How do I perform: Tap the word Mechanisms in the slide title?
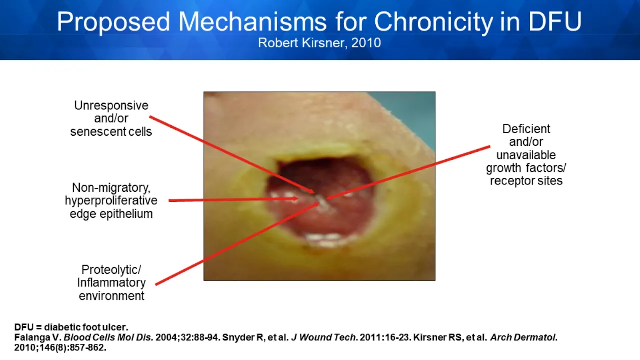[252, 22]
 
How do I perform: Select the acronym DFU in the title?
[555, 21]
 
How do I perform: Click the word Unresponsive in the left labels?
[111, 106]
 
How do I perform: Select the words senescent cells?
[111, 132]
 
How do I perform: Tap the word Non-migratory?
[111, 188]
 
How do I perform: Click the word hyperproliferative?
[111, 201]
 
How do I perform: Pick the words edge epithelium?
[111, 214]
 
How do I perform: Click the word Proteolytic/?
[111, 270]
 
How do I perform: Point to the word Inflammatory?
[111, 283]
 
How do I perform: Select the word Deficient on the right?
[526, 129]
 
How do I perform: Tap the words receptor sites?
[526, 181]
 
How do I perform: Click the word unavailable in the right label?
[526, 155]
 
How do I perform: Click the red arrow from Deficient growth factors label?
[408, 172]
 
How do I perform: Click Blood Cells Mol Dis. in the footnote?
[109, 337]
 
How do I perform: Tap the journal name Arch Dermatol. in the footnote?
[524, 337]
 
